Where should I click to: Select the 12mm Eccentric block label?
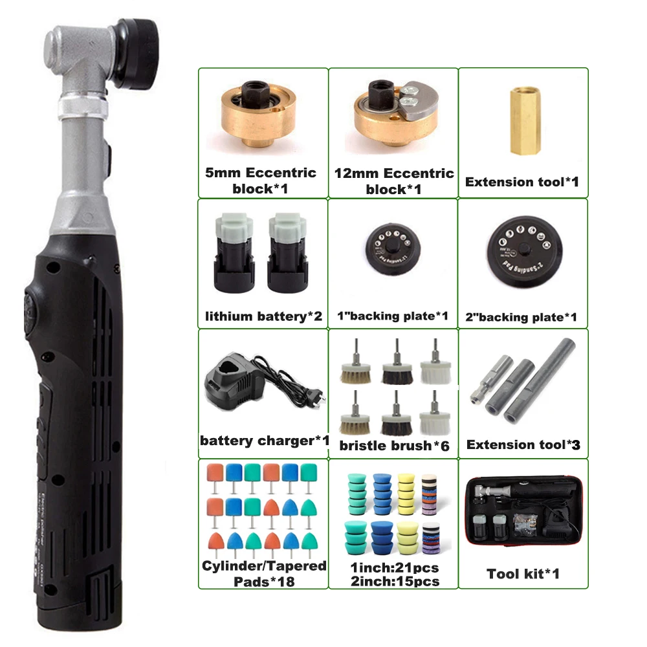click(393, 181)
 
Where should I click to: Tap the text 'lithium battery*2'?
click(263, 316)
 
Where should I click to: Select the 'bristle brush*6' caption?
click(394, 445)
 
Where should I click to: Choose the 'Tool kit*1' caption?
click(523, 573)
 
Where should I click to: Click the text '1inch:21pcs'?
click(393, 568)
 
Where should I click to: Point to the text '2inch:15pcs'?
click(393, 581)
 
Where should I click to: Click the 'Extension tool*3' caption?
click(523, 444)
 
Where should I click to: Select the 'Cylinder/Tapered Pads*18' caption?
click(263, 574)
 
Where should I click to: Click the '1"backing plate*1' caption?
click(393, 316)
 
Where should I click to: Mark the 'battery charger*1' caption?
click(264, 441)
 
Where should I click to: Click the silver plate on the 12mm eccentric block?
click(414, 101)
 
